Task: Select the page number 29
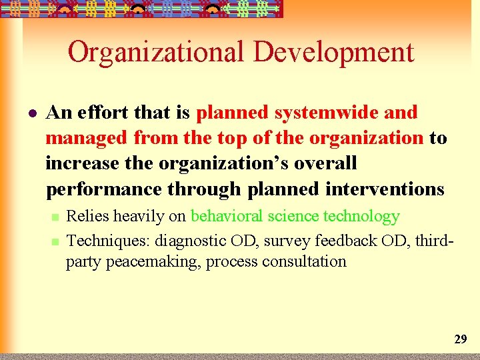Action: (x=460, y=339)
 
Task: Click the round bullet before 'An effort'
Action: (x=31, y=113)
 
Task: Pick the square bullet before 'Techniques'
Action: (x=55, y=240)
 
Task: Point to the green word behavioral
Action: (x=227, y=216)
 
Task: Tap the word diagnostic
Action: (x=193, y=239)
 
